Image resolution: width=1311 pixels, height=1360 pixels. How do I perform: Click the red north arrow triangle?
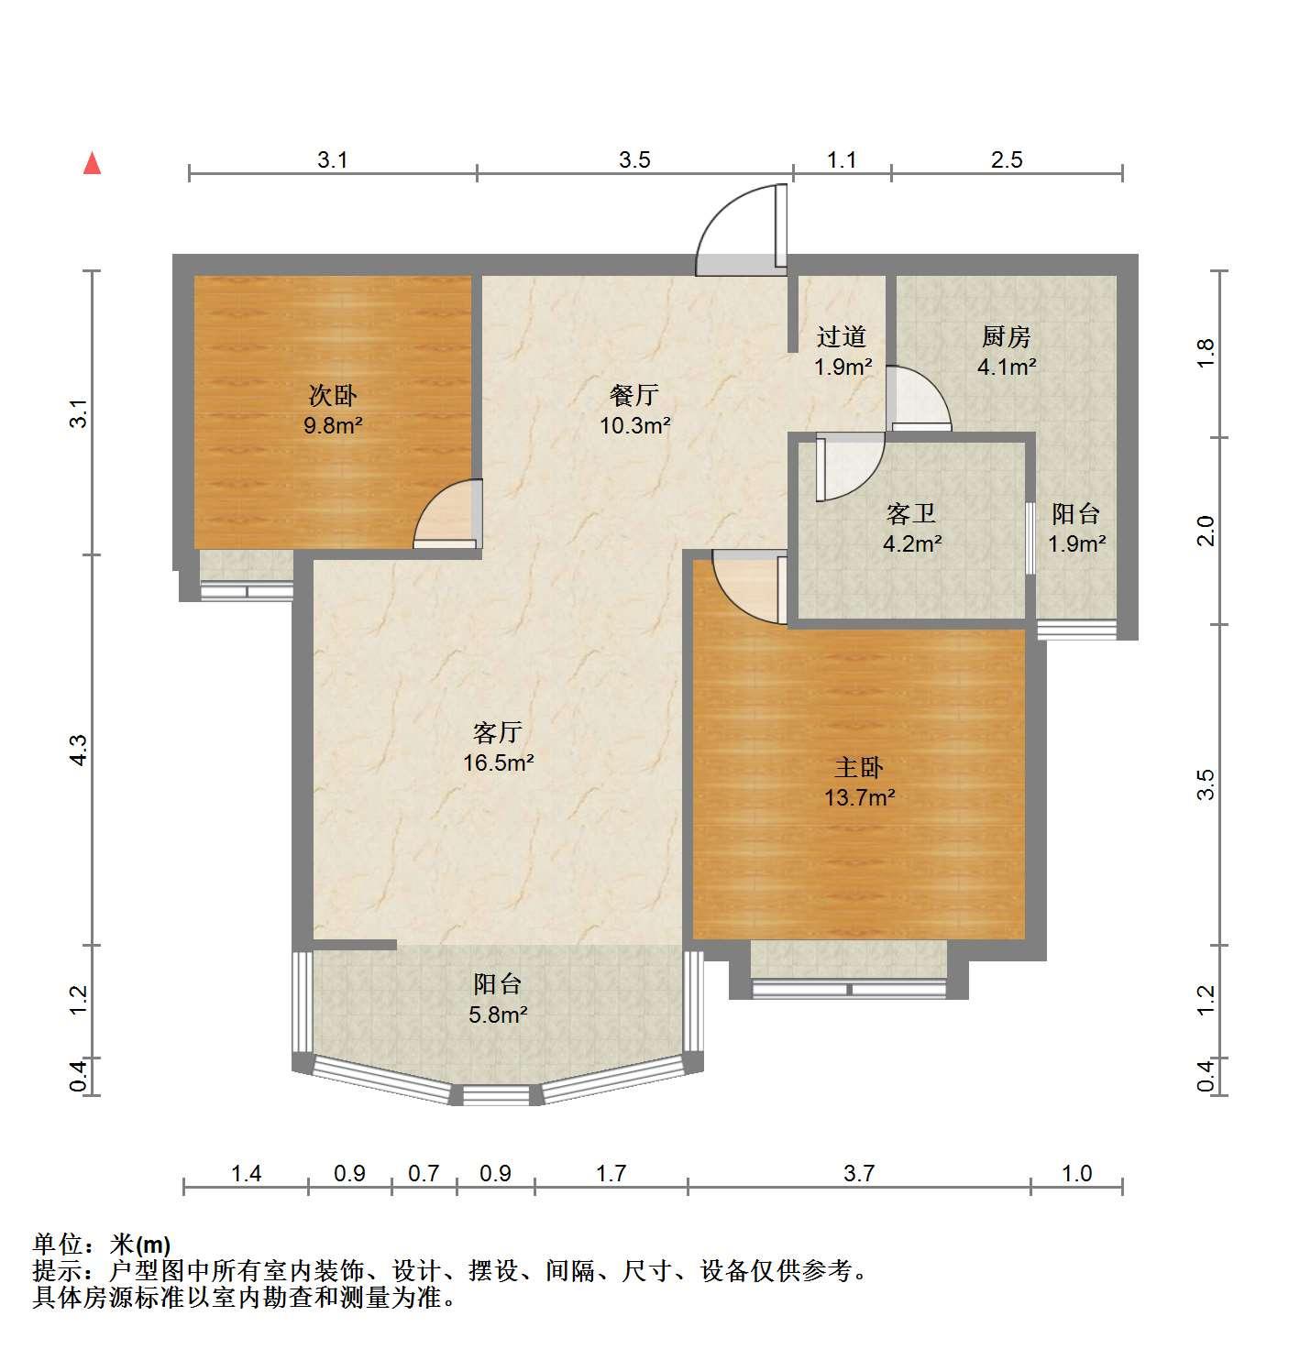click(93, 163)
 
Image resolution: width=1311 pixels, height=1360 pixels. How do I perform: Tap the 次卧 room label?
click(333, 396)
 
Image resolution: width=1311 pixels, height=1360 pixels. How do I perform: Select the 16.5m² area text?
click(499, 762)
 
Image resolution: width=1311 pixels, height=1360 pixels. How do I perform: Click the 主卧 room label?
click(859, 767)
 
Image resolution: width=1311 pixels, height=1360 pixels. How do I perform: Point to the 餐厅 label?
click(634, 396)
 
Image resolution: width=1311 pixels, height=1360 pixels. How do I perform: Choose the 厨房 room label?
click(1006, 337)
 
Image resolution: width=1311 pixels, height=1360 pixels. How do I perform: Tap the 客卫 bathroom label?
click(911, 514)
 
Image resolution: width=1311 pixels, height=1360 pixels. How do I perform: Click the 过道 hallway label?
click(842, 337)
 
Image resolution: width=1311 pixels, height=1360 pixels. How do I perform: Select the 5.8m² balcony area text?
click(498, 1015)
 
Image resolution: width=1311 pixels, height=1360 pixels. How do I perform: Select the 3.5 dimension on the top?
click(634, 160)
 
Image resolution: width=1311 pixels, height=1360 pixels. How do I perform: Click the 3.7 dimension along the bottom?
click(859, 1173)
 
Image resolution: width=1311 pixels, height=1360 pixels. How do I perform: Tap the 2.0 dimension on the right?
click(1206, 531)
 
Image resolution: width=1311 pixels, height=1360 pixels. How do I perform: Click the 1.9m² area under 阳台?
click(1077, 543)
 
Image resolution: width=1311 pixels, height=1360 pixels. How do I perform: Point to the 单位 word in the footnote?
click(58, 1245)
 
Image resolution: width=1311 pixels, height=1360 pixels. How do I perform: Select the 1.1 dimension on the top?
click(842, 160)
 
